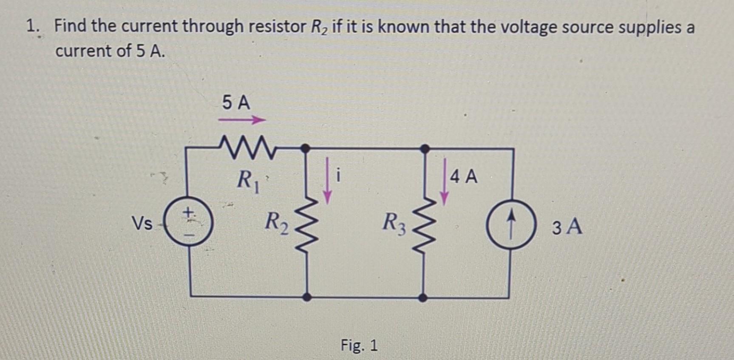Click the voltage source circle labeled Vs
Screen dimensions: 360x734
[189, 224]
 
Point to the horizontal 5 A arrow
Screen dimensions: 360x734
[241, 121]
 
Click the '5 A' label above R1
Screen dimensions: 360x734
[236, 103]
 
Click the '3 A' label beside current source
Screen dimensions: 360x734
[567, 227]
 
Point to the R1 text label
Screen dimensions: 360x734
[248, 180]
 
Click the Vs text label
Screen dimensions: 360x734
[142, 224]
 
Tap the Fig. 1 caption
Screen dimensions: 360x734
[359, 345]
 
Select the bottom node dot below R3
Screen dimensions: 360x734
[423, 298]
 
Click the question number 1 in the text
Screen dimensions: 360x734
[32, 27]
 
